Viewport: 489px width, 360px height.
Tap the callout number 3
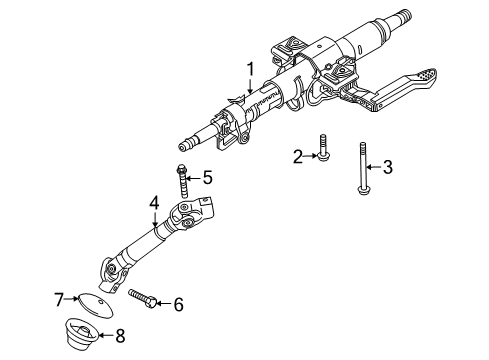tap(388, 167)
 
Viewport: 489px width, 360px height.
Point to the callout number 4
tap(155, 202)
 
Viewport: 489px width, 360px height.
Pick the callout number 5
tap(208, 177)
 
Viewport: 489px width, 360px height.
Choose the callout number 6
tap(179, 302)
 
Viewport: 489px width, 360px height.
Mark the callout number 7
tap(60, 298)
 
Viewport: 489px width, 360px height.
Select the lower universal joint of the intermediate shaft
tap(109, 268)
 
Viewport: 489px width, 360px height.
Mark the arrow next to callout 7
tap(72, 298)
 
